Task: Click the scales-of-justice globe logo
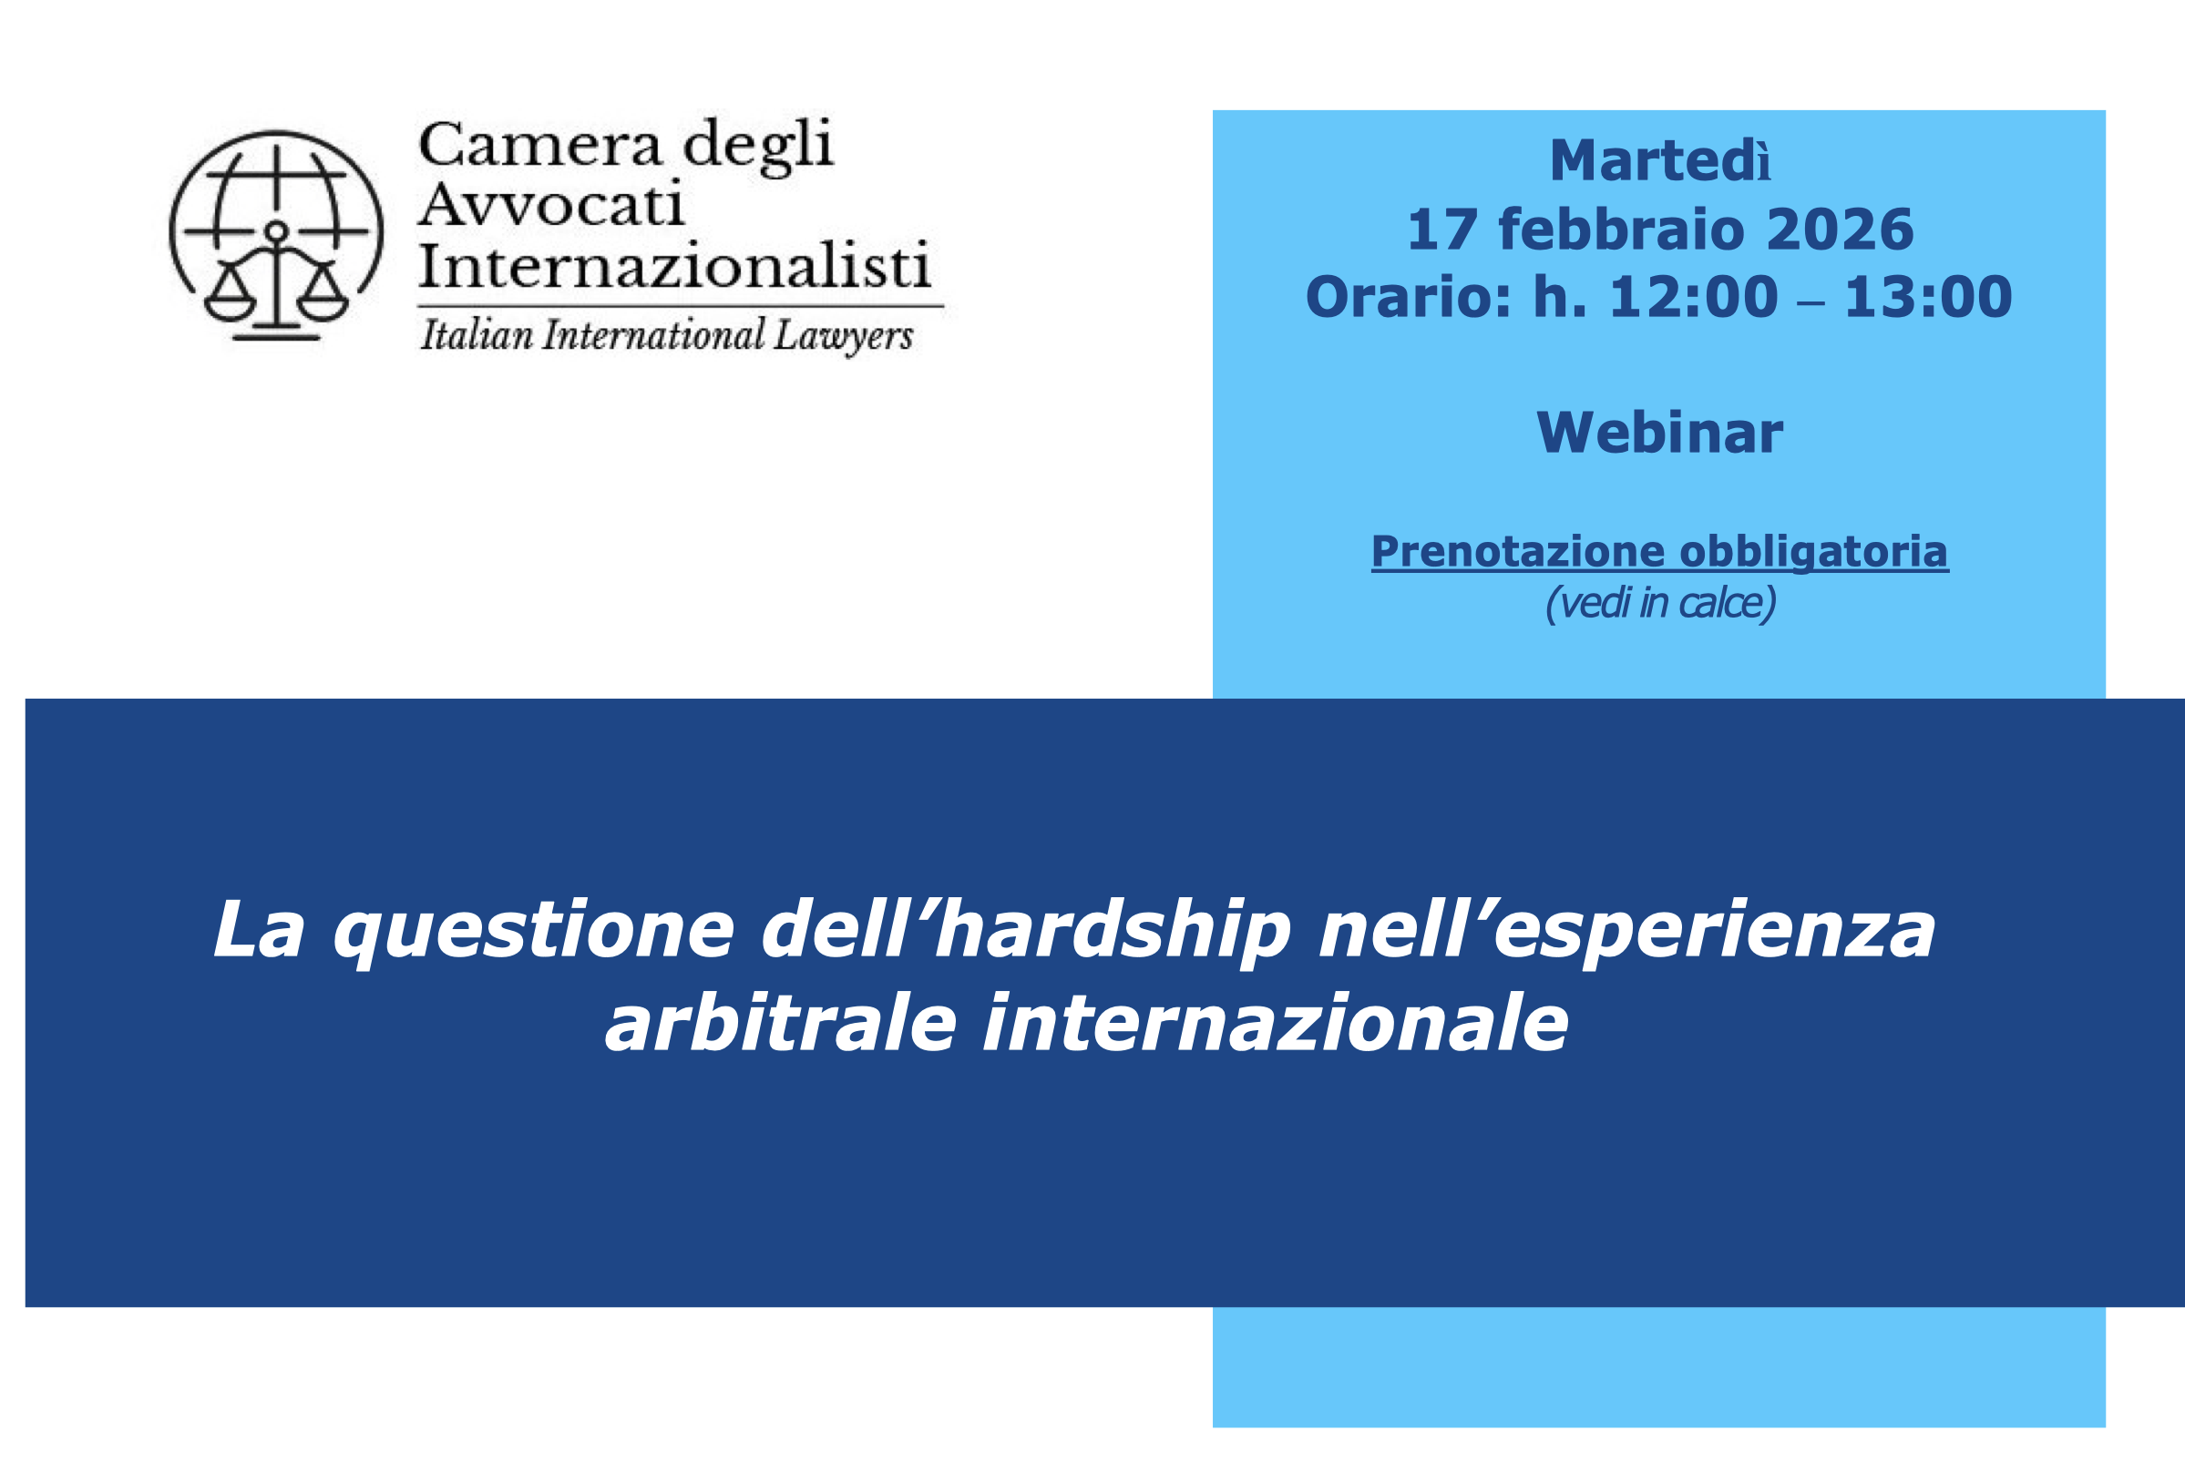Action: pyautogui.click(x=276, y=235)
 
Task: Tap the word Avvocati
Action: pyautogui.click(x=551, y=205)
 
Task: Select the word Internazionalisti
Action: pyautogui.click(x=674, y=266)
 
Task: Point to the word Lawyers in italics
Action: pyautogui.click(x=843, y=335)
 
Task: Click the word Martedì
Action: pyautogui.click(x=1659, y=161)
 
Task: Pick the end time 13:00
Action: pyautogui.click(x=1928, y=297)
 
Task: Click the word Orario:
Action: pyautogui.click(x=1408, y=297)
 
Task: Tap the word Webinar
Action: pyautogui.click(x=1659, y=434)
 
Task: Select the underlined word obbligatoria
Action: pyautogui.click(x=1813, y=552)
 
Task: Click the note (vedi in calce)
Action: pyautogui.click(x=1660, y=603)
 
